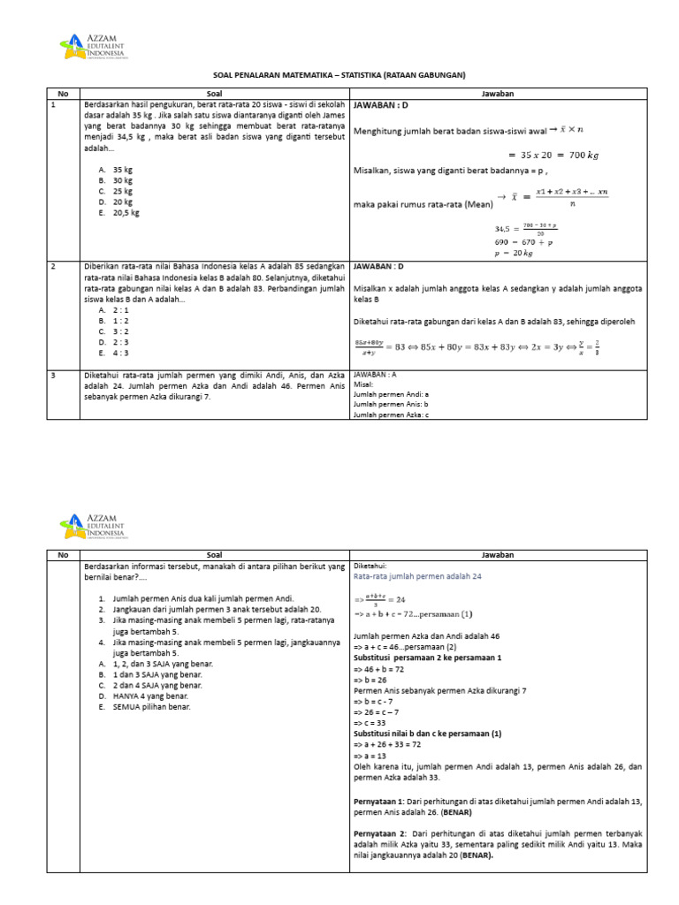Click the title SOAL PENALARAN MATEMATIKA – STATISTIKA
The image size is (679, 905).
point(339,75)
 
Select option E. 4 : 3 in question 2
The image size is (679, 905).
point(114,353)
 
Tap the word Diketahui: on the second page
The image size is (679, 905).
point(370,565)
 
